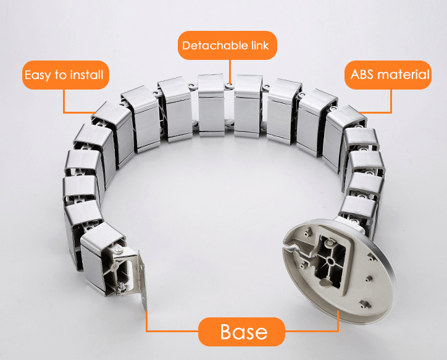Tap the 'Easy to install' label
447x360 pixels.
[x=64, y=76]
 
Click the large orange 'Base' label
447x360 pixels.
[x=242, y=332]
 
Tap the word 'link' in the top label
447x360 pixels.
[x=259, y=46]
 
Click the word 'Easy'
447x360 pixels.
[x=36, y=76]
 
